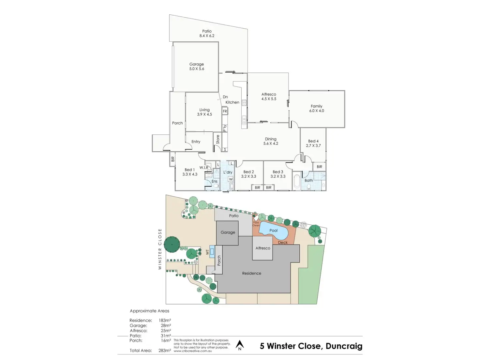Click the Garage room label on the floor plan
coord(197,64)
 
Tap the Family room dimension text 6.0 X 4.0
coord(317,111)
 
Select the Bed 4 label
coord(313,141)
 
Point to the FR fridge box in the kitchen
coord(225,112)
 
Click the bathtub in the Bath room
coord(297,181)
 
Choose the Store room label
coord(218,140)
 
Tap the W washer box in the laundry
coord(231,179)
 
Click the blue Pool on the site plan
coord(273,231)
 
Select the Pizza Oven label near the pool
coord(256,224)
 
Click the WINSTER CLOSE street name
coord(160,249)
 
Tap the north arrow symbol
coord(240,345)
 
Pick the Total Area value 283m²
coord(165,351)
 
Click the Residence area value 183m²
coord(165,321)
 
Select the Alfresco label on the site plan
coord(263,248)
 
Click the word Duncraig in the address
coord(344,346)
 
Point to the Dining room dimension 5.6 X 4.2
coord(271,143)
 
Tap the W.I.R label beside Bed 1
coord(204,168)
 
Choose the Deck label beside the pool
coord(283,243)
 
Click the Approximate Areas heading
coord(150,311)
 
